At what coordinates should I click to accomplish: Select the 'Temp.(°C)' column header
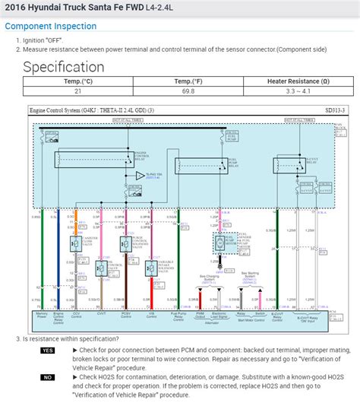pos(77,81)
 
